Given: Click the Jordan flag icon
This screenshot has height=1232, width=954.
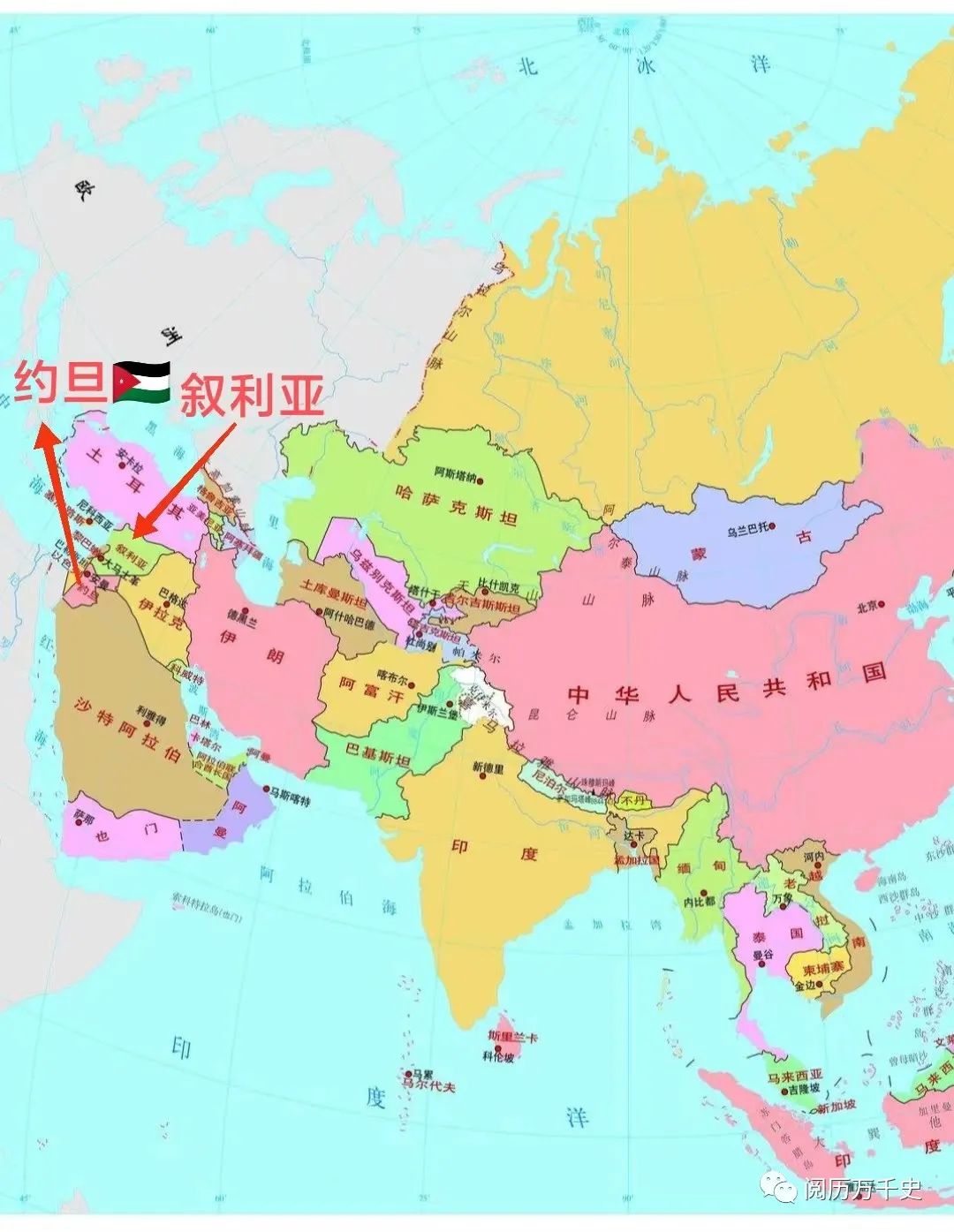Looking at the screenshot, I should [x=141, y=382].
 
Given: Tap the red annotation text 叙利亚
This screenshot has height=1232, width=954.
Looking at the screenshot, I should [x=252, y=396].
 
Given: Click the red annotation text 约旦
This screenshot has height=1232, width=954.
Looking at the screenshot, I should [x=60, y=382].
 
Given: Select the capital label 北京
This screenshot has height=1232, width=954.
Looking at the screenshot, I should [x=869, y=607].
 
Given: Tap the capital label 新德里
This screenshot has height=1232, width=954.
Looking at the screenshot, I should [x=488, y=767].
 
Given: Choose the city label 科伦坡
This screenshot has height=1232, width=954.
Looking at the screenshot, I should [x=498, y=1056].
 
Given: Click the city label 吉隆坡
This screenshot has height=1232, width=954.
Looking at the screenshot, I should [x=804, y=1089].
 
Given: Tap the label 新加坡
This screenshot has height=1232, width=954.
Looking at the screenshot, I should [x=836, y=1107].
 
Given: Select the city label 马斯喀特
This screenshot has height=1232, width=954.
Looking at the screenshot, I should [x=291, y=797].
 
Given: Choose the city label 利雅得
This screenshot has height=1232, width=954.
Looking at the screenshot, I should [x=151, y=710].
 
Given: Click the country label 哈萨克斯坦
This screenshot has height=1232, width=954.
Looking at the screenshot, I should [x=457, y=517].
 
